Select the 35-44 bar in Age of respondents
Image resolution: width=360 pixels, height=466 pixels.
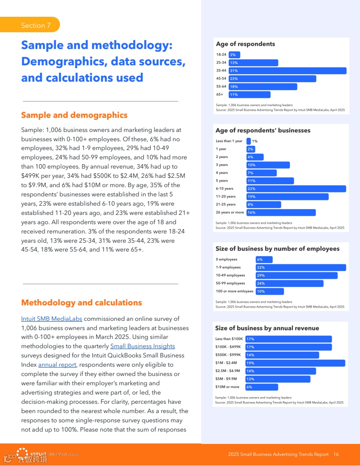tap(287, 71)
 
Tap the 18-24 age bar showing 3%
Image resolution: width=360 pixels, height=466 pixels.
tap(234, 55)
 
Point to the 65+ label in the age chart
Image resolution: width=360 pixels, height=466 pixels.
tap(219, 94)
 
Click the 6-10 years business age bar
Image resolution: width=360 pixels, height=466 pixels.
tap(296, 189)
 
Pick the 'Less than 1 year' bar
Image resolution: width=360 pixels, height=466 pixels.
tap(248, 141)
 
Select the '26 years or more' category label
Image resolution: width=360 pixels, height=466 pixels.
tap(229, 213)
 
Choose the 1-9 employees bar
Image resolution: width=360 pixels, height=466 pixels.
tap(301, 267)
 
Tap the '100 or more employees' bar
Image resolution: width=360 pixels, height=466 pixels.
tap(270, 291)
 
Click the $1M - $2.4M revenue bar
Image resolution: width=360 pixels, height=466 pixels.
tap(295, 363)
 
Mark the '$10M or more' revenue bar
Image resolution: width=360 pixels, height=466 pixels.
tap(262, 387)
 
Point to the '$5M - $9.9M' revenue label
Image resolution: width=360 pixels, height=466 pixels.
tap(226, 379)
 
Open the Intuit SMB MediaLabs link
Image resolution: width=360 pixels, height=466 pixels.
tap(52, 319)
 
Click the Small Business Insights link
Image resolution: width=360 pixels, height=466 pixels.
tap(142, 346)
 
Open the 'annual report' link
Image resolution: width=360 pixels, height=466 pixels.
tap(57, 365)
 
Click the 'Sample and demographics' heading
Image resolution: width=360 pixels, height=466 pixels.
tap(74, 115)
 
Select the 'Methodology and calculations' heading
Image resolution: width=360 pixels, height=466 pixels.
tap(82, 303)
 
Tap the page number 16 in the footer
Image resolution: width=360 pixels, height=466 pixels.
tap(336, 455)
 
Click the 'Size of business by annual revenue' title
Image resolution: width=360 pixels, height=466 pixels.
tap(267, 328)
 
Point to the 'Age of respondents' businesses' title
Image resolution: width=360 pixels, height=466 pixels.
tap(263, 131)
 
